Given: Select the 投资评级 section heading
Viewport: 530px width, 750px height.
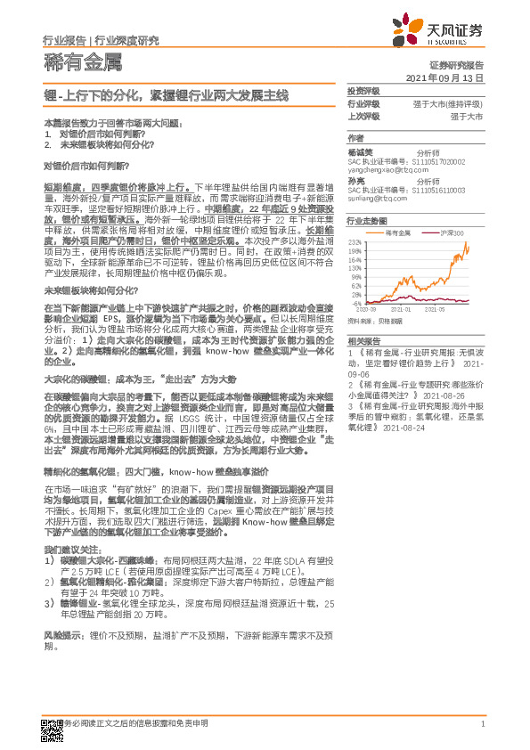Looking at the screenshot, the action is [363, 92].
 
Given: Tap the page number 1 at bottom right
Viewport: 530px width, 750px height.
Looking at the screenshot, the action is [481, 724].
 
